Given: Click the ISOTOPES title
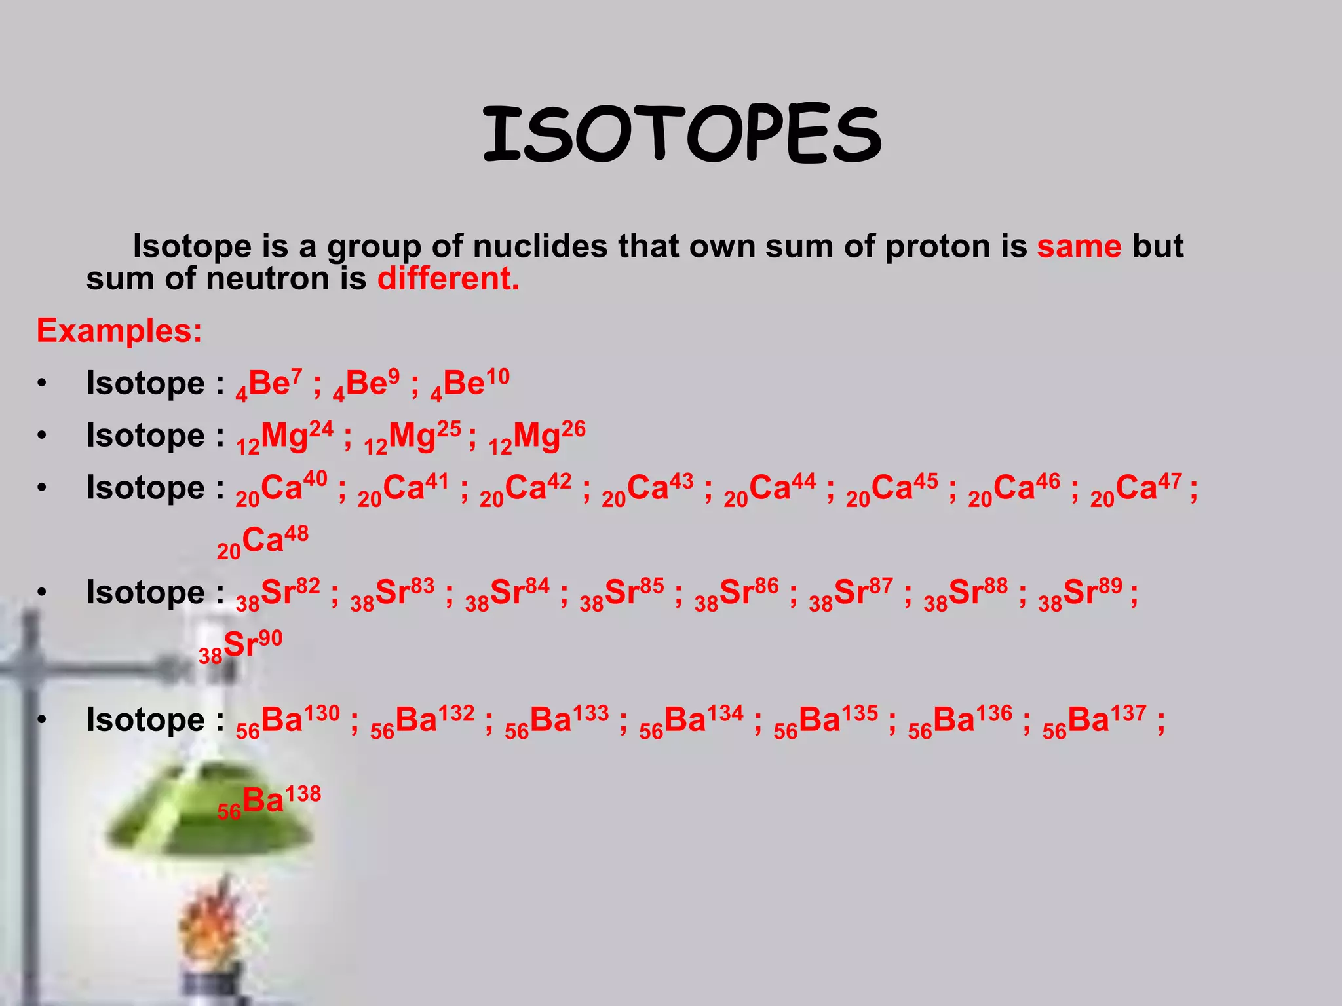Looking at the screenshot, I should [681, 134].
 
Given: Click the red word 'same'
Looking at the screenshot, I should [1079, 247].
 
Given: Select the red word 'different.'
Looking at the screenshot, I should [448, 279].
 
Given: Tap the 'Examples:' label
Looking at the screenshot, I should [119, 331].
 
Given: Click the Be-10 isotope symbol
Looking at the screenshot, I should [470, 384].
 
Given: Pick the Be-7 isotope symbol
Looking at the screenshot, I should [269, 384].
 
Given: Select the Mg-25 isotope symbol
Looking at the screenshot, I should [413, 436].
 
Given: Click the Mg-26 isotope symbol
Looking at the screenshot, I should [537, 436].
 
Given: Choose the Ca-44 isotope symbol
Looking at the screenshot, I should [770, 489].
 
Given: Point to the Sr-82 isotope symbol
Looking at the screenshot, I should [278, 593].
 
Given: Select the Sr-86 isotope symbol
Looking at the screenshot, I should [737, 593].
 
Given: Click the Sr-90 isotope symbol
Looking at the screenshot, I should [240, 646].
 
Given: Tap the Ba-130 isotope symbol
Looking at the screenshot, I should [288, 721].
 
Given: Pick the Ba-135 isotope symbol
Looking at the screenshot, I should [826, 721].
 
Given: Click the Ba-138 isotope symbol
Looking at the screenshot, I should [269, 801].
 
